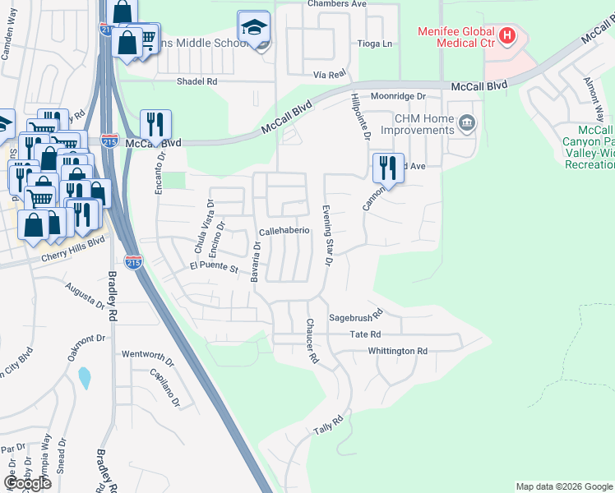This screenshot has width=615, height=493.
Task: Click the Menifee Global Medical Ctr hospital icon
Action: [x=507, y=35]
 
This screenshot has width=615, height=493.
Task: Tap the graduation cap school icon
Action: [x=254, y=28]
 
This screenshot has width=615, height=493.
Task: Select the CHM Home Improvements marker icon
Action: [x=467, y=124]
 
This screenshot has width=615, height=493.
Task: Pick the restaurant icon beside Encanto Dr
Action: [x=155, y=125]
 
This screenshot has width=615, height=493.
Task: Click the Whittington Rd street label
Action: [x=398, y=351]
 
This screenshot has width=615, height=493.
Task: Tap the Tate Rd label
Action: [x=364, y=334]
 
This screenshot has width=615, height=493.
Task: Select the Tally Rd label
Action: [x=327, y=425]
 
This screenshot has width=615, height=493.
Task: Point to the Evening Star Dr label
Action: [x=326, y=236]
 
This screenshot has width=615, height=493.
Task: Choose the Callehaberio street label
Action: [x=284, y=231]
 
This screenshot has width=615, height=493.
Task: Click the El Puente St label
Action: [x=213, y=267]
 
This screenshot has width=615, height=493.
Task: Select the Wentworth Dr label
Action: [x=148, y=355]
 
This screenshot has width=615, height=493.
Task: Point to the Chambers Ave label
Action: [x=336, y=4]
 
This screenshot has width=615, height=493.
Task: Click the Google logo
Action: [x=27, y=483]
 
